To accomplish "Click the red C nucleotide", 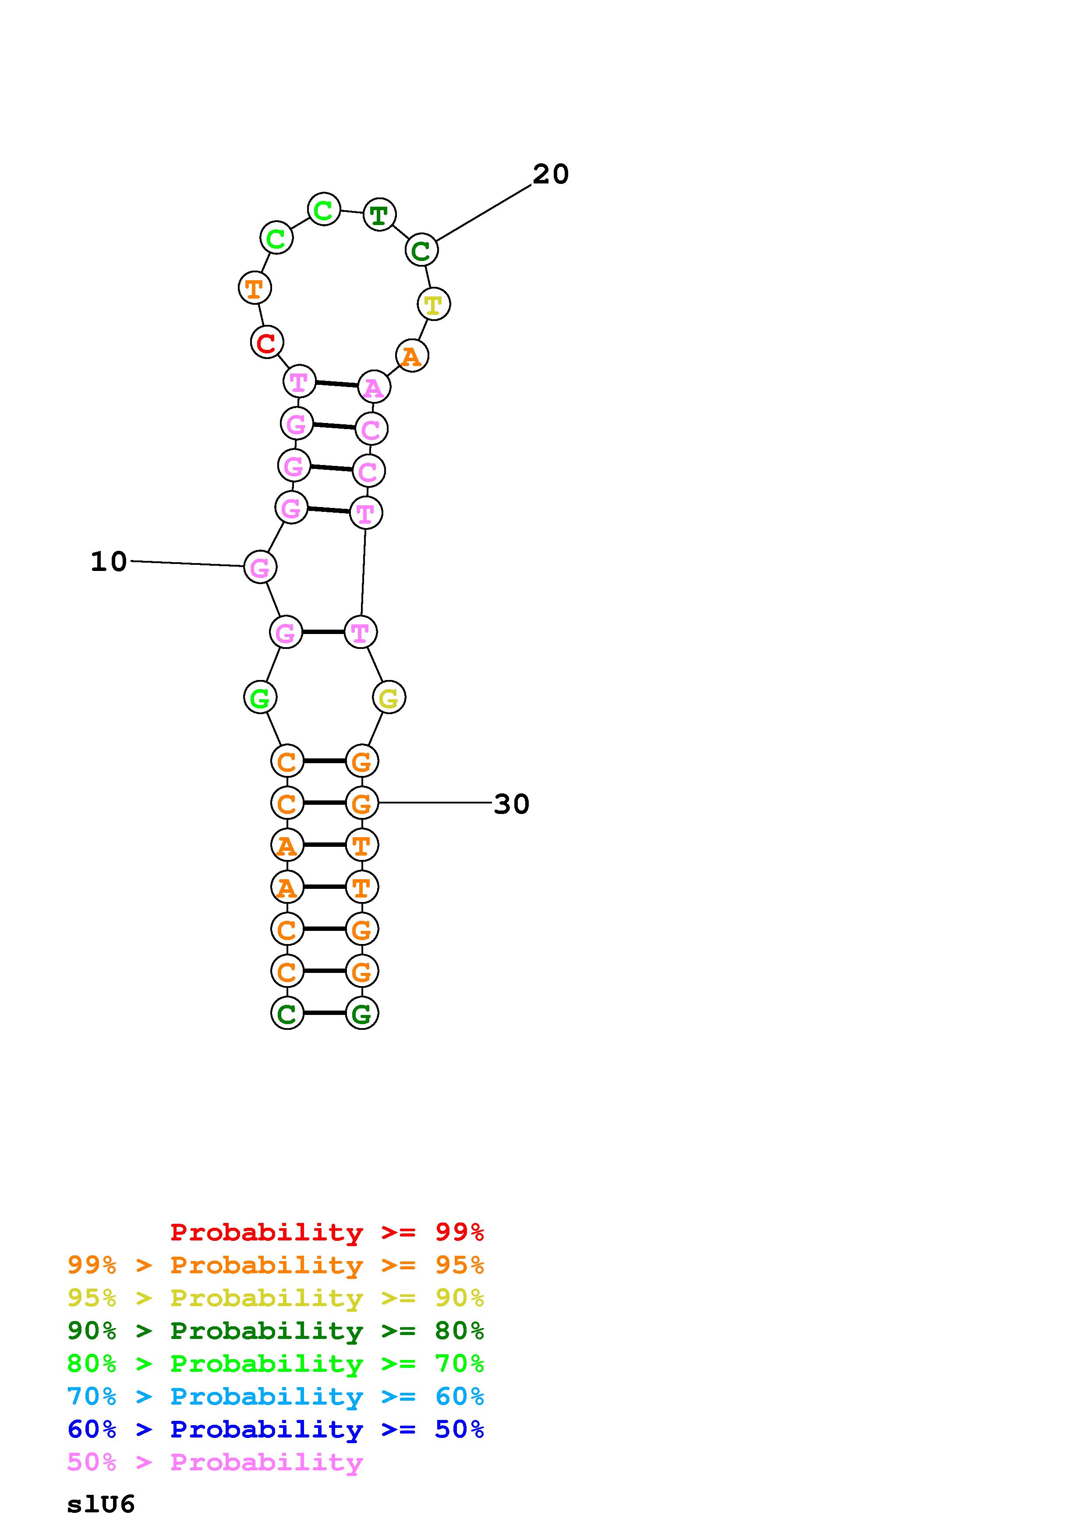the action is coord(267,342).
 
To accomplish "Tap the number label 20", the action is coord(550,175).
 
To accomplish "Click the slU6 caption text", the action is coord(101,1504).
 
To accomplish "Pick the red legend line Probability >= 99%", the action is coord(327,1232).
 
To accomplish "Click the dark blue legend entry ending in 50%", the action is coord(276,1429).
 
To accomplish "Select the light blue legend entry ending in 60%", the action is coord(276,1396).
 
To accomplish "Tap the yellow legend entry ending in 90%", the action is coord(276,1298).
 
